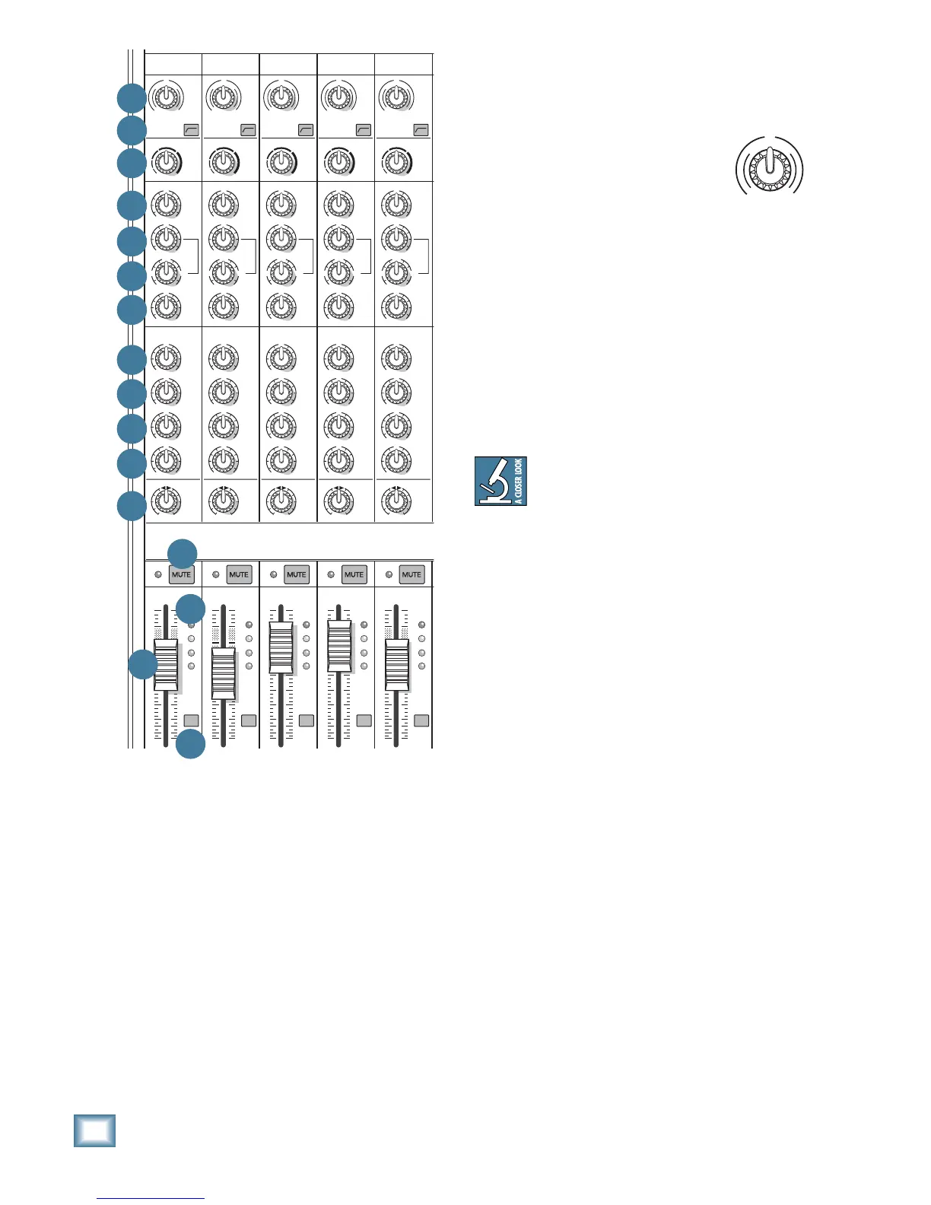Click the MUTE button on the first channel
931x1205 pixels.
(182, 574)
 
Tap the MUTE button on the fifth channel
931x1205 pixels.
(411, 574)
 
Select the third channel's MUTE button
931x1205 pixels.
(297, 574)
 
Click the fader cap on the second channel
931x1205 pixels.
(224, 674)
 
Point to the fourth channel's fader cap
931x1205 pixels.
(339, 646)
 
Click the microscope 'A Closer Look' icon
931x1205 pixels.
(500, 481)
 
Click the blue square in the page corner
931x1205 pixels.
(95, 1130)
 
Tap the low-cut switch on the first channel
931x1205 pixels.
(191, 130)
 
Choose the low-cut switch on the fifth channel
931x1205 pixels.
(421, 130)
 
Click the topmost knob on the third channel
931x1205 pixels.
(281, 97)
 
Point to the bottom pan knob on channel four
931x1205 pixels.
(338, 501)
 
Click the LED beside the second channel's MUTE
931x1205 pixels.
(216, 574)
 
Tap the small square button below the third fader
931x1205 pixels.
(307, 720)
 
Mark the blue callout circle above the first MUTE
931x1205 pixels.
(183, 553)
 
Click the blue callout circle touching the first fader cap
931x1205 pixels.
(142, 665)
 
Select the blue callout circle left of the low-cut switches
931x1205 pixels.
(132, 130)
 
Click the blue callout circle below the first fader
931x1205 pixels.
(190, 744)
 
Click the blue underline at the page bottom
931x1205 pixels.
(151, 1198)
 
